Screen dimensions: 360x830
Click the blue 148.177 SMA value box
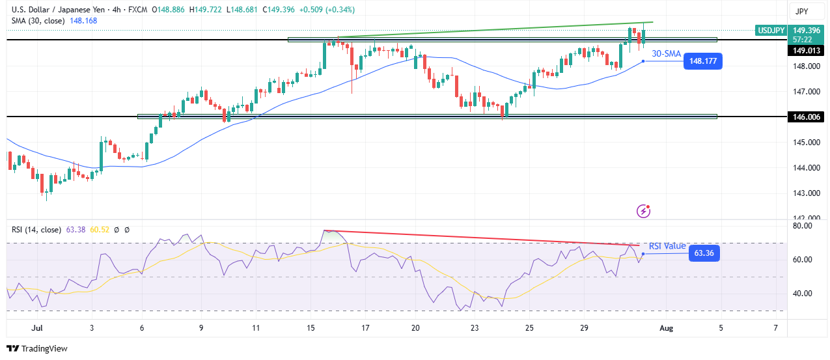pos(703,61)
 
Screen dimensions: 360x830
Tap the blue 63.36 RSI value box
pos(704,253)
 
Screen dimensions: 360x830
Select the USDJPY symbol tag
pos(771,30)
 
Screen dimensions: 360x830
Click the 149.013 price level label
pos(806,50)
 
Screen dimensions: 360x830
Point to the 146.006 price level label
pos(806,117)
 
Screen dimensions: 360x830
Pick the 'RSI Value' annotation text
pos(667,246)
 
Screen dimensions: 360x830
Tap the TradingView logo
pos(37,348)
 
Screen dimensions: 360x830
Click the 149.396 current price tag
pos(806,30)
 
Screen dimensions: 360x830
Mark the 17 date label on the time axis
pos(366,327)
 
